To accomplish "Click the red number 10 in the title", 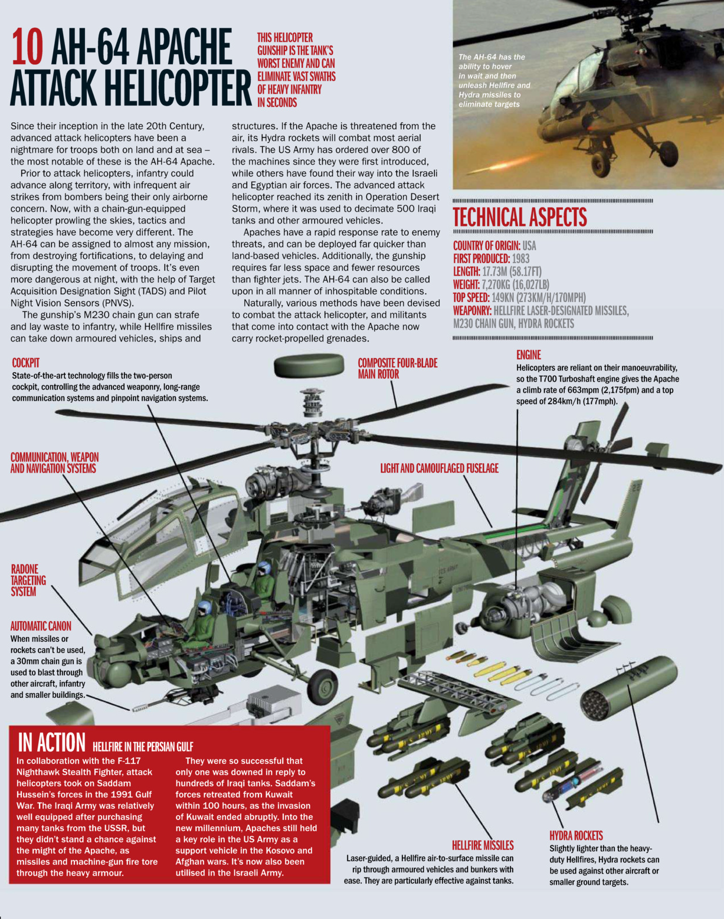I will pos(27,47).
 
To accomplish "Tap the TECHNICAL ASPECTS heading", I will pos(519,217).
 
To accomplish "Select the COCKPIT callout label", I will pos(26,363).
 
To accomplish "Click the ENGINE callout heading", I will pos(528,355).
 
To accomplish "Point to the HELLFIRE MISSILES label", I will pos(482,845).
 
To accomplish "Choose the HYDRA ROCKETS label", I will pos(576,835).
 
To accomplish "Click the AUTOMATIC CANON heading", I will pos(41,626).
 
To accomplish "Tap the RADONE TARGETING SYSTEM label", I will pos(28,580).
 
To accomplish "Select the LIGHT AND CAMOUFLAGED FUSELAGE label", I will pos(439,468).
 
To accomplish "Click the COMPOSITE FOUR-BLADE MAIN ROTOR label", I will pos(397,369).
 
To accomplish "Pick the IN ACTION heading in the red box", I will pos(52,742).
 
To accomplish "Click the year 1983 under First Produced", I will pos(520,258).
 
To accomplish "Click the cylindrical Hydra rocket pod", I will pos(628,687).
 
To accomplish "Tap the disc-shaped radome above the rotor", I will pos(309,366).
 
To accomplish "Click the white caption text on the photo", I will pos(493,81).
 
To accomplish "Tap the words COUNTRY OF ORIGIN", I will pos(486,245).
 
